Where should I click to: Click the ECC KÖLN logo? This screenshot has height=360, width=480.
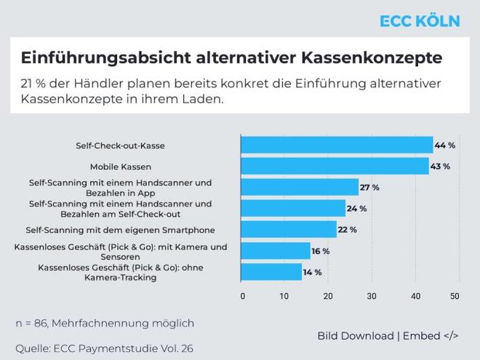click(420, 20)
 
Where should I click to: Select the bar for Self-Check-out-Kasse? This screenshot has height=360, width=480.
click(336, 145)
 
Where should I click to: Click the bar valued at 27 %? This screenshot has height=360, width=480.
click(300, 188)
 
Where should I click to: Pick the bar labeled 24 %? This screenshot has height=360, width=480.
click(293, 209)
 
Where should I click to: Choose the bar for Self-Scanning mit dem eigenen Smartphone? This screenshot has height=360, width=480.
click(289, 230)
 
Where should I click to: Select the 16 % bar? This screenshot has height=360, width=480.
click(276, 251)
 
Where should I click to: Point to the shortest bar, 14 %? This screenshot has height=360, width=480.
click(271, 272)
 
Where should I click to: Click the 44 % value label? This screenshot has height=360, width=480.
click(445, 145)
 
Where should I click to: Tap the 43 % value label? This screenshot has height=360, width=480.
click(441, 167)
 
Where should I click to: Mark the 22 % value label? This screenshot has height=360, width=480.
click(347, 230)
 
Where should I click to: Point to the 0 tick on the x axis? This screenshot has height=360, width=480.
click(242, 296)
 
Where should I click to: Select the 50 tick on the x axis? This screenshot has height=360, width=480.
click(455, 296)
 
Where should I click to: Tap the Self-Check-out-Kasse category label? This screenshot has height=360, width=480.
click(120, 145)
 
